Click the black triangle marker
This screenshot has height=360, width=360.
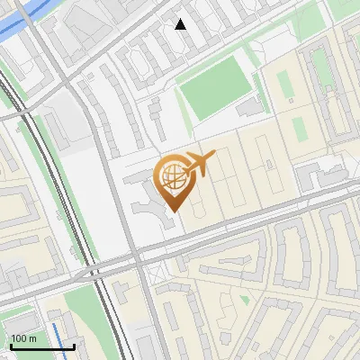pos(181,24)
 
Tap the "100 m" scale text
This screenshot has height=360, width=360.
pos(23,338)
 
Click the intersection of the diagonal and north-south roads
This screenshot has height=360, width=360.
pos(137,256)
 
